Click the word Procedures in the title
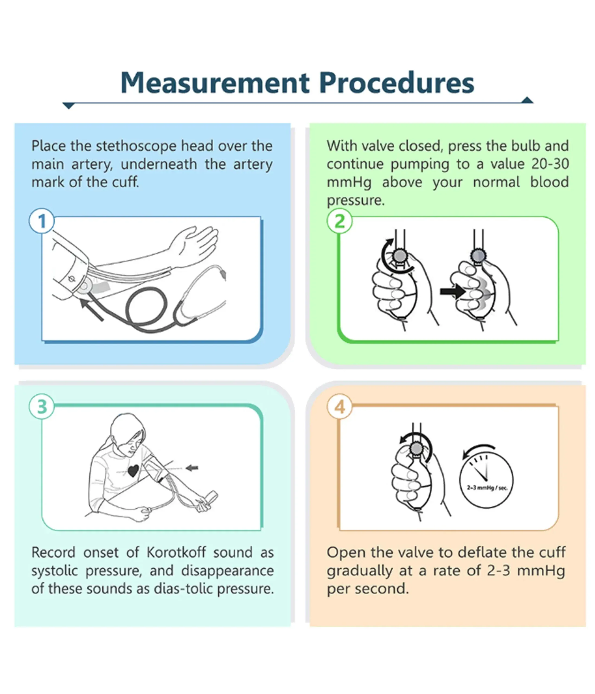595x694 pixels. click(396, 82)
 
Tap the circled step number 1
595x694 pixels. click(42, 221)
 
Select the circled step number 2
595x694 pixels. click(339, 221)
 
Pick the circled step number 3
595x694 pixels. click(42, 407)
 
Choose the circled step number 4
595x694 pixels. click(339, 407)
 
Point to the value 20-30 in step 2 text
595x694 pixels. click(550, 164)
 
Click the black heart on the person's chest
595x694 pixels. click(133, 471)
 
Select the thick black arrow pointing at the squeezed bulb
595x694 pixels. click(453, 291)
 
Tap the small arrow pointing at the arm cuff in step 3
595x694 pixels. click(192, 468)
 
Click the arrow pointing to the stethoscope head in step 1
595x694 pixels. click(91, 310)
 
